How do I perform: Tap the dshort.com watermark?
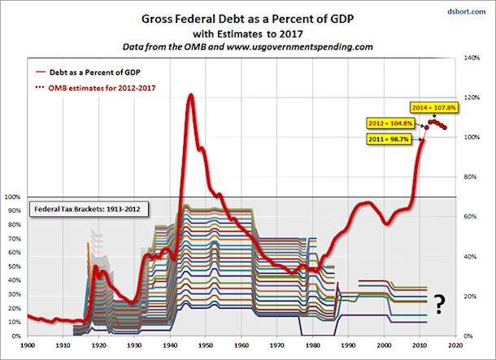tap(471, 11)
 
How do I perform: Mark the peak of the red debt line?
tap(190, 95)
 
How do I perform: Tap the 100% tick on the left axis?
tap(12, 197)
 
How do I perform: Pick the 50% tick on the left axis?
tap(13, 266)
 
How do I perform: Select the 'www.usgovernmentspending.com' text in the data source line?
tap(306, 47)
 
